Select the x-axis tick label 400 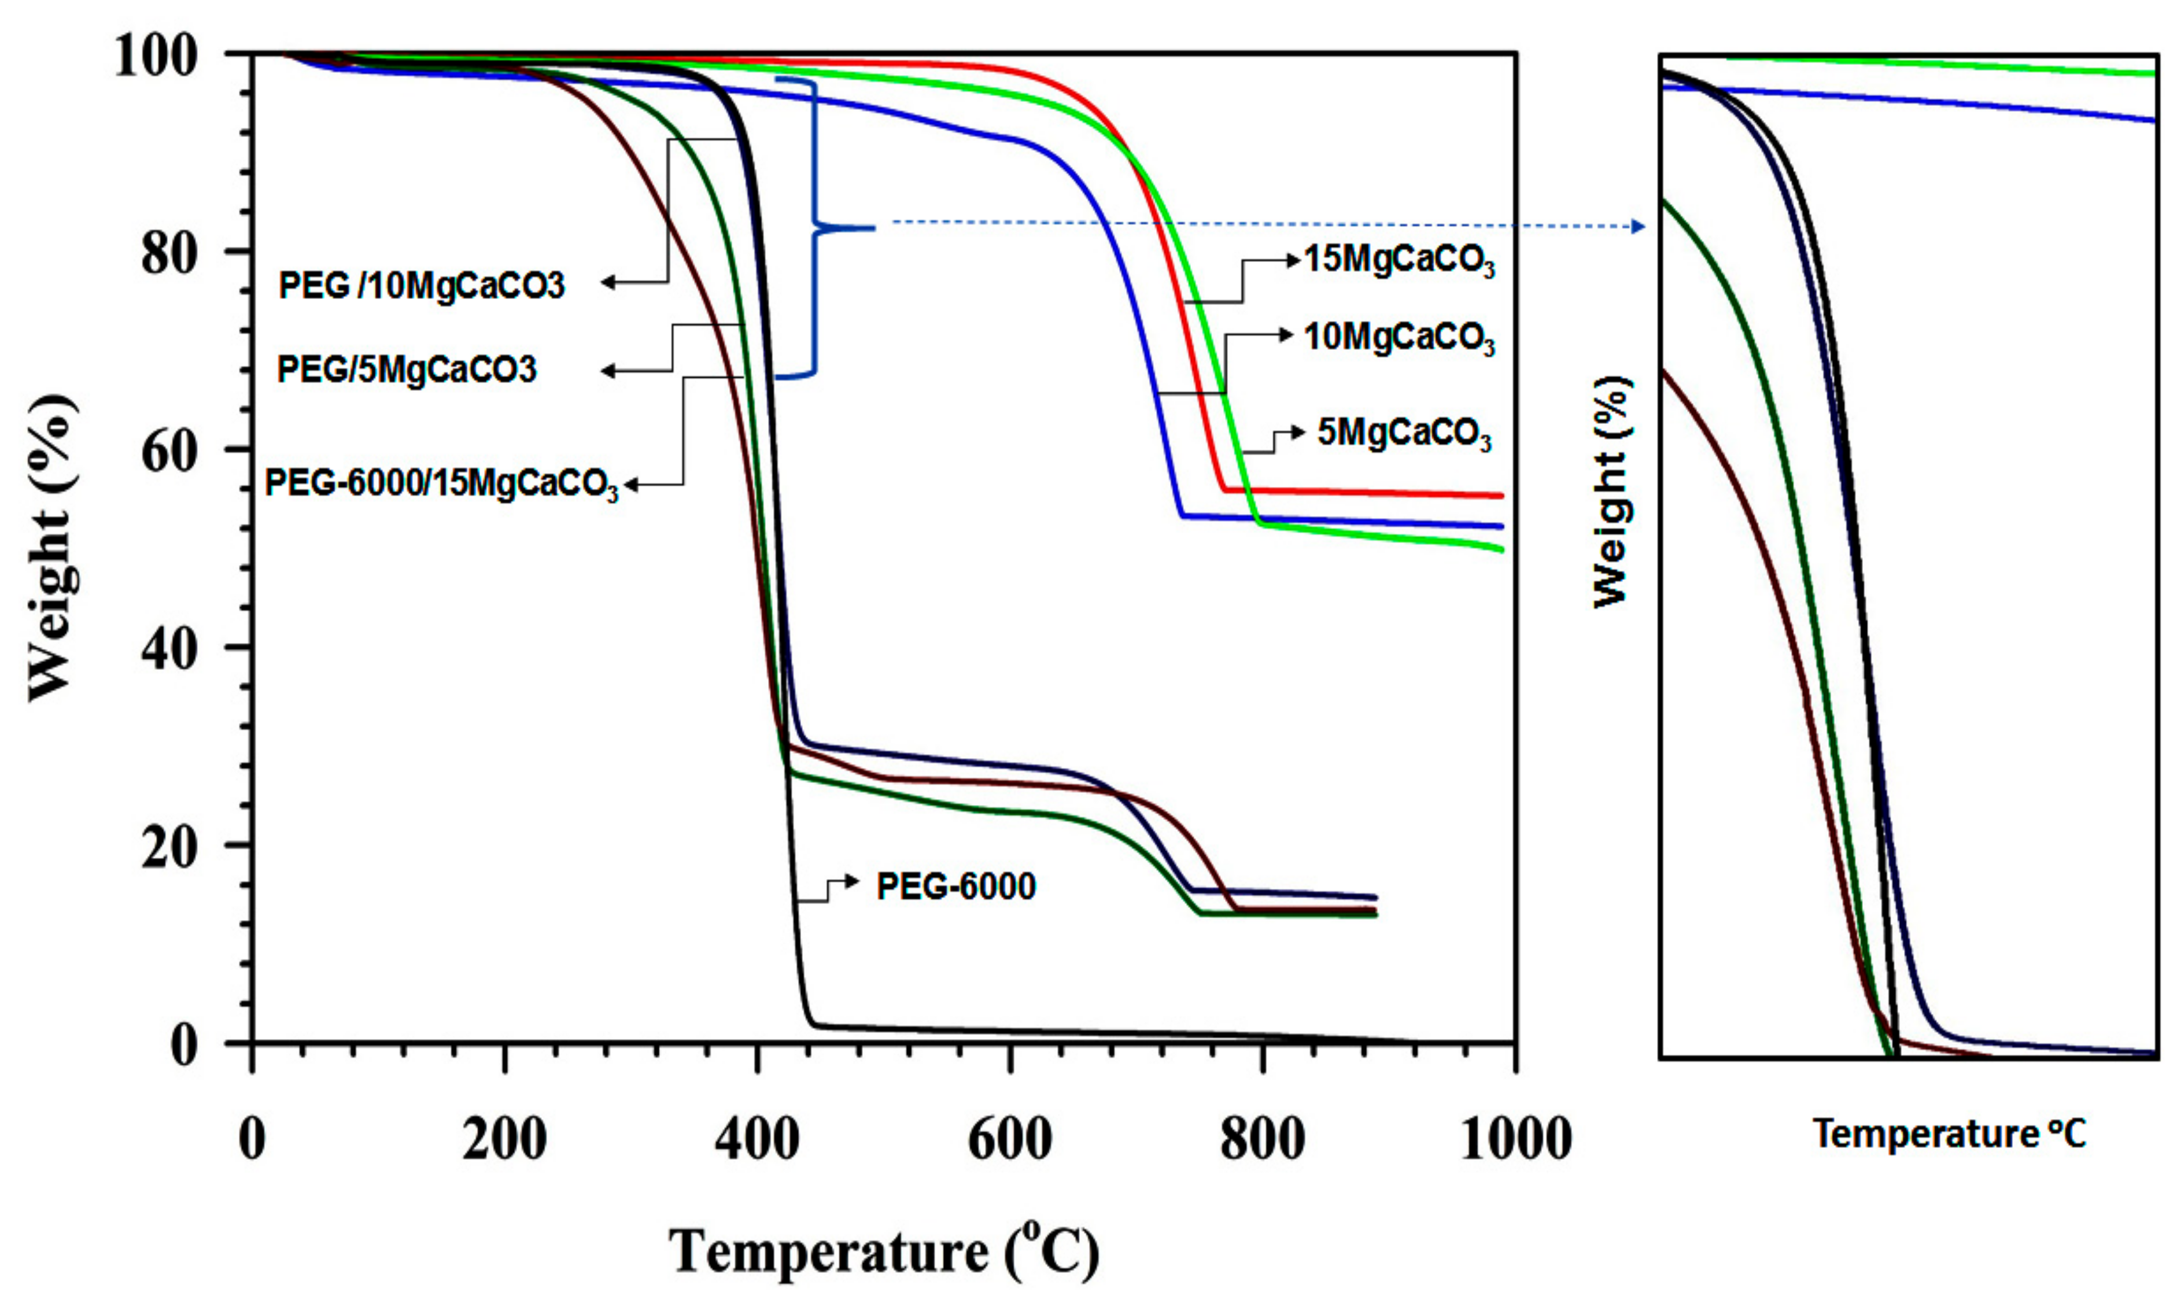pyautogui.click(x=757, y=1139)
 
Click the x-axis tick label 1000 pyautogui.click(x=1515, y=1139)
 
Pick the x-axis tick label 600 pyautogui.click(x=1009, y=1139)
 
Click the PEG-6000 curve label pyautogui.click(x=955, y=887)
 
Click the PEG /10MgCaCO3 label pyautogui.click(x=421, y=285)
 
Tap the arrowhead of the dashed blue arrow pyautogui.click(x=1638, y=226)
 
